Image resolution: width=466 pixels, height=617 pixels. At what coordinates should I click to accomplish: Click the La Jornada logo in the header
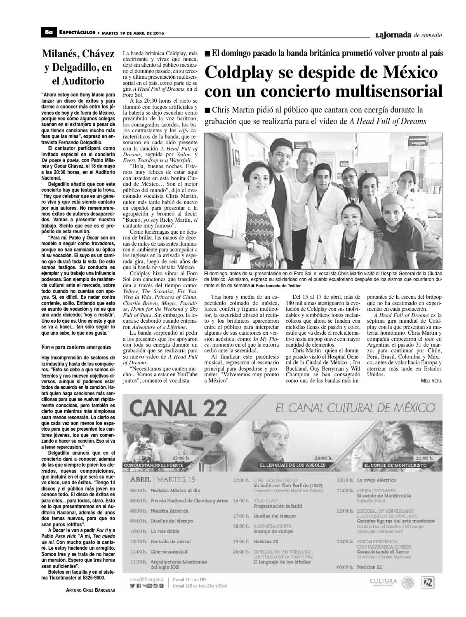(x=393, y=35)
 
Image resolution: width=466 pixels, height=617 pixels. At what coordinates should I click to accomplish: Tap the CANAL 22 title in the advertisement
(x=178, y=409)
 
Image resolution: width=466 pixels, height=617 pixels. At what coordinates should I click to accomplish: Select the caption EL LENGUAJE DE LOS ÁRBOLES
(x=292, y=465)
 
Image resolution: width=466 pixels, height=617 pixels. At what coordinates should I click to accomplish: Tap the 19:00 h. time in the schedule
(x=241, y=542)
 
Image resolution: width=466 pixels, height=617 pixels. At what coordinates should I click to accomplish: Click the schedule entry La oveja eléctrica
(x=377, y=480)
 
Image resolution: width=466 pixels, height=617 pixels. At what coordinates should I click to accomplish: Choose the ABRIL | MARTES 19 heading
(x=162, y=480)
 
